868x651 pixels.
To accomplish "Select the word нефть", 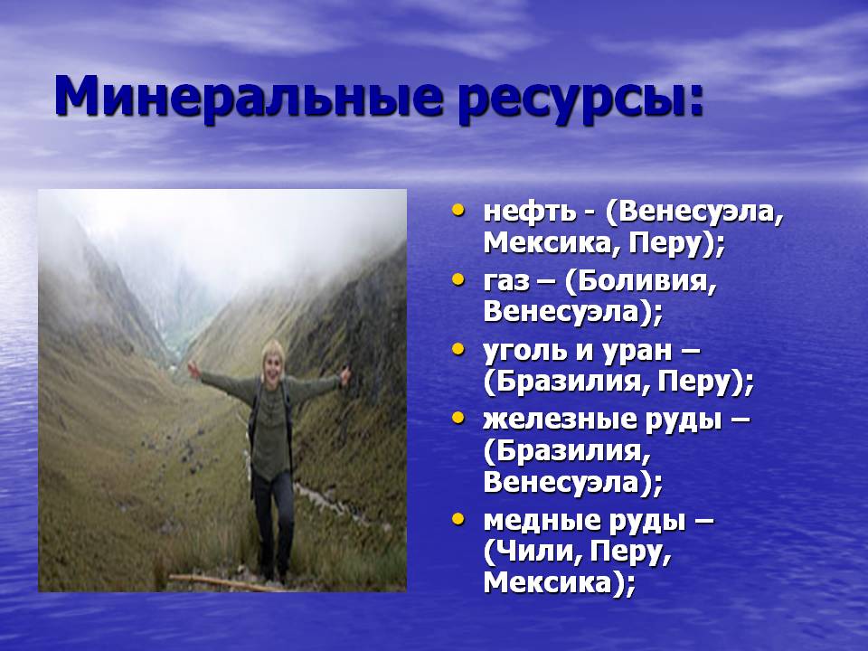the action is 529,211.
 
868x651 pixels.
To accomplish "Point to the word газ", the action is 506,282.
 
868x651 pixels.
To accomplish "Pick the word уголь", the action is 524,352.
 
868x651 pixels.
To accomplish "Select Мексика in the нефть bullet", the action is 548,243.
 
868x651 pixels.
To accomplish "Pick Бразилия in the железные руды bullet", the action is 573,452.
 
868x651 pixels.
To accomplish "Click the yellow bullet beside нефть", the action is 458,211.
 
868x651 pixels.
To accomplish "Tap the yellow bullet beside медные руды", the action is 458,520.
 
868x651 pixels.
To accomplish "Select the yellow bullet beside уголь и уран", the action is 458,350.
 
